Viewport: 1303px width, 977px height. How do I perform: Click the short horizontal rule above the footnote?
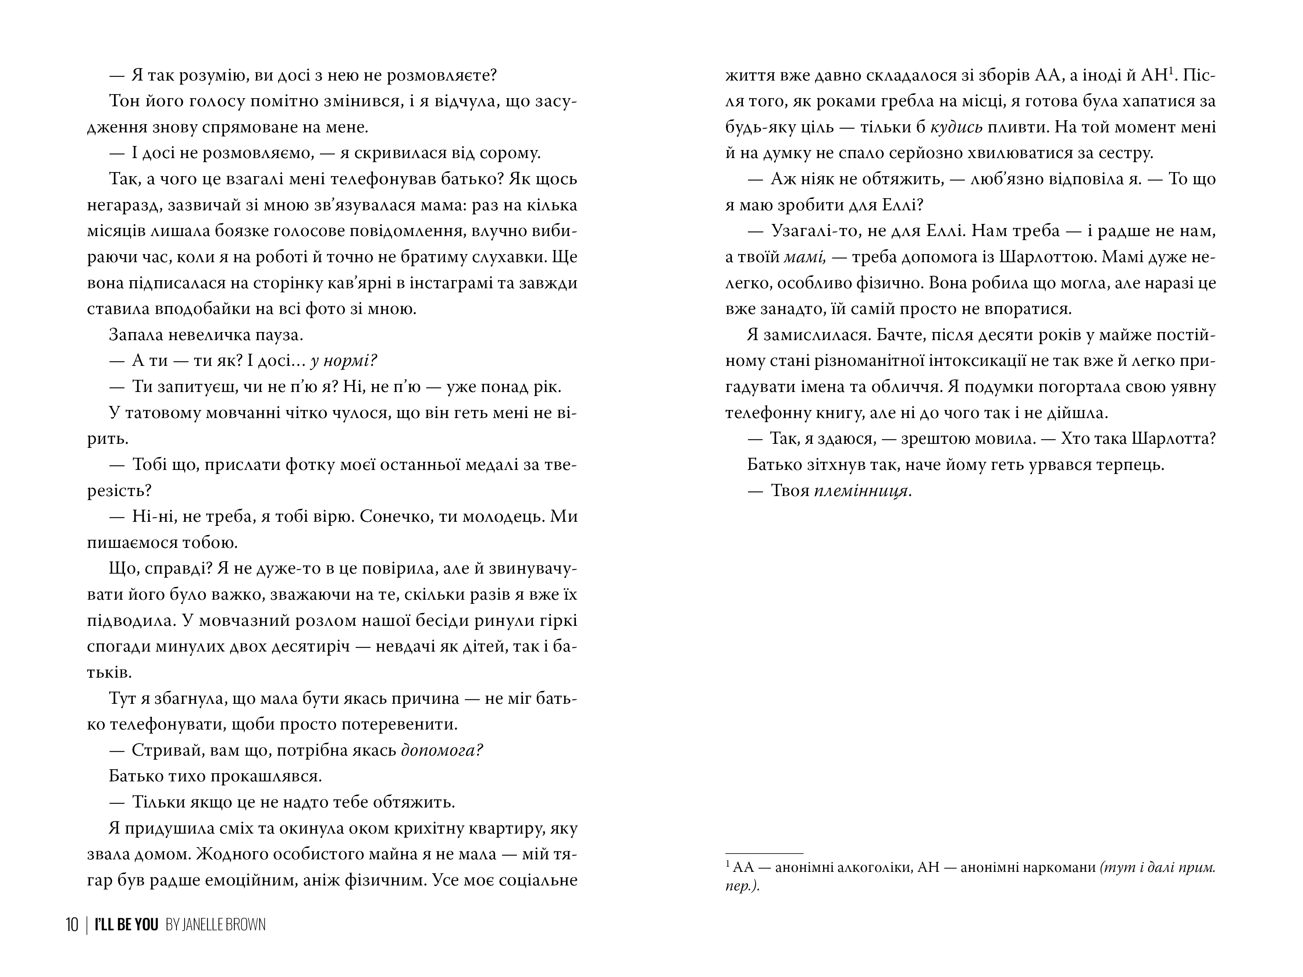[x=764, y=853]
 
